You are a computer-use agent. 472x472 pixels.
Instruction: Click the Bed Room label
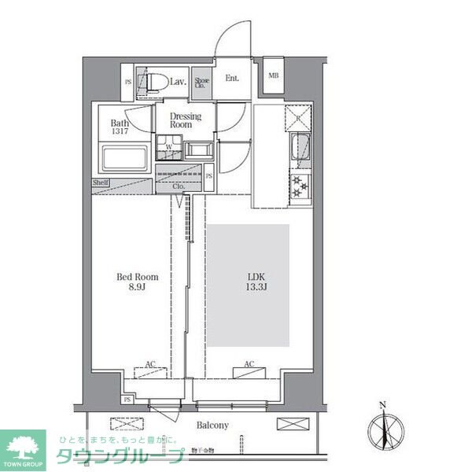point(138,277)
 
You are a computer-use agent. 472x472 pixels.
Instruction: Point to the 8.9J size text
point(138,289)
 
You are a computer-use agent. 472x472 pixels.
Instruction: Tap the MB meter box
point(274,76)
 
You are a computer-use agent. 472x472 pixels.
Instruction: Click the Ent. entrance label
point(233,78)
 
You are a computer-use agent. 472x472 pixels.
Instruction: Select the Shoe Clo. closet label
point(202,83)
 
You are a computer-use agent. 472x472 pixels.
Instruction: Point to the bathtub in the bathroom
point(124,159)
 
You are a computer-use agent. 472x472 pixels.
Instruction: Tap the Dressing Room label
point(186,120)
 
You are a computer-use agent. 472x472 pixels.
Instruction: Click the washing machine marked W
point(168,147)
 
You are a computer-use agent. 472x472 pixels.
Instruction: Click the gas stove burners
point(301,186)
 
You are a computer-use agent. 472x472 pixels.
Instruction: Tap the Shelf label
point(100,183)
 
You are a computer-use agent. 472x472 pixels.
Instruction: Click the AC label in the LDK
point(249,364)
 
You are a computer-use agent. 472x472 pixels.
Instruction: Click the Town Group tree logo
point(23,446)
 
